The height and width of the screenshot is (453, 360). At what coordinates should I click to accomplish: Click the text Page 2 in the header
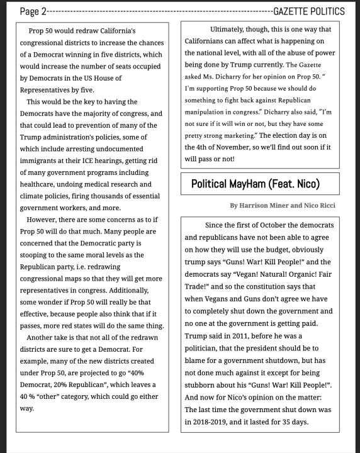[x=33, y=11]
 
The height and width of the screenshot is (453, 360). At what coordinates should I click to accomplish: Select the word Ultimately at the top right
[x=235, y=30]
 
